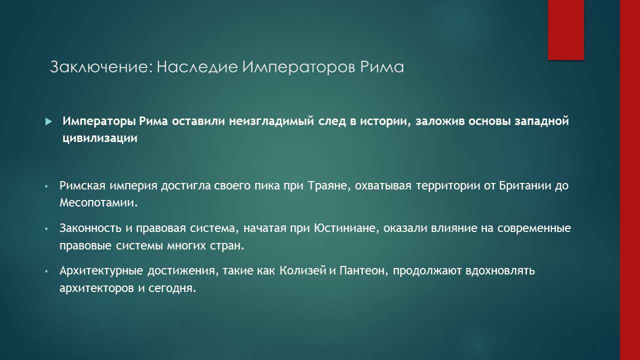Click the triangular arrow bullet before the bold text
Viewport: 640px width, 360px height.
48,121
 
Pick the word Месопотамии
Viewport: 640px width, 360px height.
97,203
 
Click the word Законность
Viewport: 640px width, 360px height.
90,228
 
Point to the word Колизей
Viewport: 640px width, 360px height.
303,271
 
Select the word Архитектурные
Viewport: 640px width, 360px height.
100,271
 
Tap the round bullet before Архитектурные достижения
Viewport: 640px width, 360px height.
46,271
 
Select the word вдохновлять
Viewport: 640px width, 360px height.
500,271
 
